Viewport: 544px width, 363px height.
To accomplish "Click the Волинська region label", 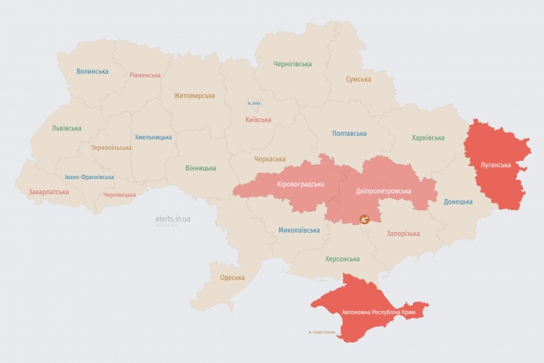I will (92, 72).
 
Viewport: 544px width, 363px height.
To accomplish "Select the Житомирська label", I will (194, 95).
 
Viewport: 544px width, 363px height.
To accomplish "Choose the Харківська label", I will (427, 137).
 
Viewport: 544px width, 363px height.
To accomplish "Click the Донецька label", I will (457, 201).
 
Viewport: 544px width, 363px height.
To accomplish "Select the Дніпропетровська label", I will (384, 191).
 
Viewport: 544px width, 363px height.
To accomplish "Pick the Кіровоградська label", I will (300, 184).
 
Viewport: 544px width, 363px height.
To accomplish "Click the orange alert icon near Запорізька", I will (364, 219).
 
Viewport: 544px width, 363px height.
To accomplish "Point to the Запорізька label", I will (403, 234).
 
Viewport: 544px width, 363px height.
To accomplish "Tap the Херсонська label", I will (342, 259).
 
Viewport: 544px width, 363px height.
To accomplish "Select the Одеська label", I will (232, 278).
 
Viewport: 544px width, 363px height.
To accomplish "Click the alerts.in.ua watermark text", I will (173, 219).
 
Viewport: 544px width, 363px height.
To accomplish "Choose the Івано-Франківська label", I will (89, 178).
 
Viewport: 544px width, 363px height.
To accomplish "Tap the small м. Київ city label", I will (253, 103).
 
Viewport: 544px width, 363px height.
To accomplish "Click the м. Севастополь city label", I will (321, 331).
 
